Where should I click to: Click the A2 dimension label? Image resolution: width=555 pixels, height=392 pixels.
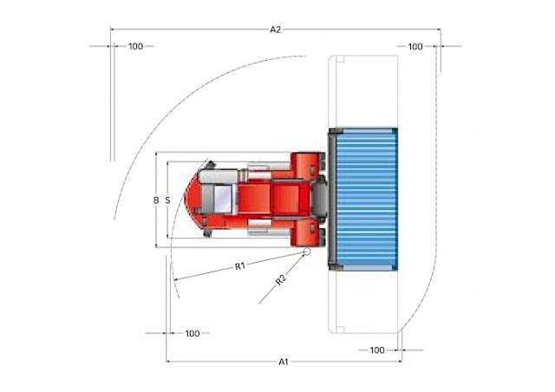click(276, 29)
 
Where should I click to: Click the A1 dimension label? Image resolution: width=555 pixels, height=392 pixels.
click(284, 362)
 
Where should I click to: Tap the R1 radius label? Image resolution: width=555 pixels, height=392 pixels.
click(240, 265)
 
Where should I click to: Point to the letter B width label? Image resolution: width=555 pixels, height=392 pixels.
click(156, 200)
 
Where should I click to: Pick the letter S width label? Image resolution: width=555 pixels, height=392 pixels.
click(167, 200)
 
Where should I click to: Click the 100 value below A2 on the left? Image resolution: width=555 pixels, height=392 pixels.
click(135, 46)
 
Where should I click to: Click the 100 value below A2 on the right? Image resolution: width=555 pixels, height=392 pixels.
click(415, 46)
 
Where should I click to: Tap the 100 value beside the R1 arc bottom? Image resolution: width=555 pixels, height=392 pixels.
click(193, 334)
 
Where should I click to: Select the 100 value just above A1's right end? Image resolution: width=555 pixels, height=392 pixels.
click(377, 350)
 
